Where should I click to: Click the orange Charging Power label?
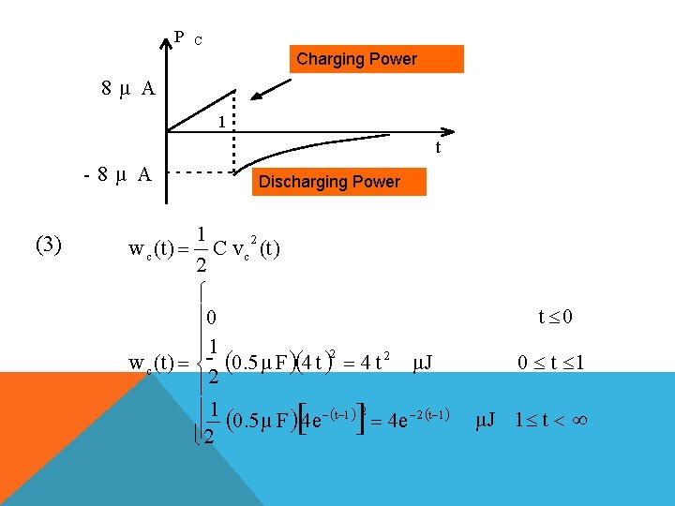tap(356, 59)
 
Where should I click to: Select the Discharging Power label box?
tap(329, 182)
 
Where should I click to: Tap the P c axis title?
tap(187, 38)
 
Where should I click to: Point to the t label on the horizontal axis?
tap(437, 147)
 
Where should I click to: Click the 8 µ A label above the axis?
tap(128, 89)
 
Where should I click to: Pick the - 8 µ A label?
tap(116, 173)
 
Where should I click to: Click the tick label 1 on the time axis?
tap(220, 121)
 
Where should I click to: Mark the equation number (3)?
tap(48, 246)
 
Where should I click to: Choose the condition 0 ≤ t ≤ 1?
tap(551, 362)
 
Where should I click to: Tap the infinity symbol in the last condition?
tap(579, 420)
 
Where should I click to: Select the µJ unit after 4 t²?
tap(422, 362)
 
